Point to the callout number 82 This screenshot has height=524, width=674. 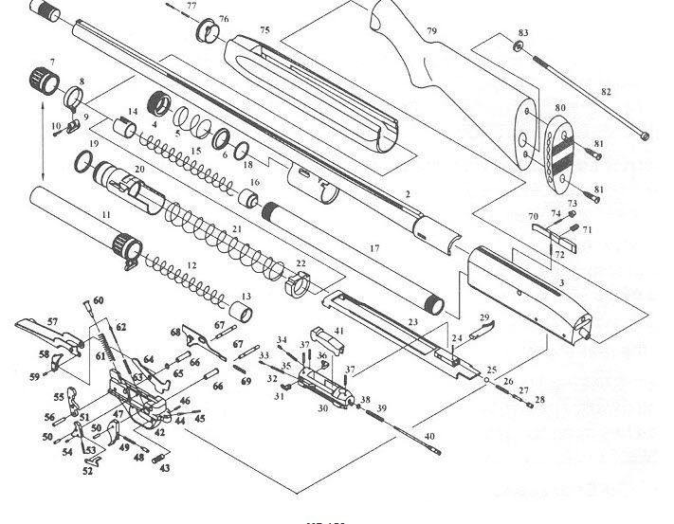point(607,91)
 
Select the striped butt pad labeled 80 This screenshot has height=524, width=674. point(558,148)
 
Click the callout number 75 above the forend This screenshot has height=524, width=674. point(264,30)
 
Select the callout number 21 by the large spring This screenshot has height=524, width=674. point(236,229)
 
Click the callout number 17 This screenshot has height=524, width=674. point(373,247)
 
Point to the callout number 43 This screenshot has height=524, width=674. point(164,468)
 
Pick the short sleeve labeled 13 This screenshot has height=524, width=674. point(242,314)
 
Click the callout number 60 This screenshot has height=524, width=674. point(98,300)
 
